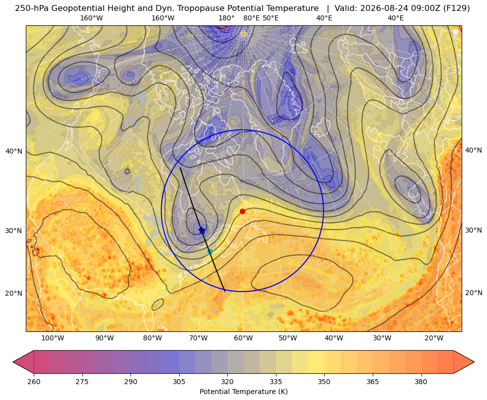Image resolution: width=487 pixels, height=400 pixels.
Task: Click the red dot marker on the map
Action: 243,211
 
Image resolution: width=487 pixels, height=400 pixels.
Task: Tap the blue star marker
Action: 202,230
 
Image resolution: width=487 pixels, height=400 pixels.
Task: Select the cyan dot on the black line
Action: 210,251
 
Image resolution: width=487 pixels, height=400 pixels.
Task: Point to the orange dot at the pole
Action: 243,34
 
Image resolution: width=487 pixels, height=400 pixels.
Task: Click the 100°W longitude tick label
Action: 53,338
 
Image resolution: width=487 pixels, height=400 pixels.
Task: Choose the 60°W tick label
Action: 243,338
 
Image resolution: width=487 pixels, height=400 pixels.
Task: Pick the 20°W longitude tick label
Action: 434,338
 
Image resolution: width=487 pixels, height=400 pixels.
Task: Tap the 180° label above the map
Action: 226,18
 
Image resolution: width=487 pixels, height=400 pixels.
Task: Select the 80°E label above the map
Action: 251,18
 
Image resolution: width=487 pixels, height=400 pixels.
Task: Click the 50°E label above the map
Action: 271,18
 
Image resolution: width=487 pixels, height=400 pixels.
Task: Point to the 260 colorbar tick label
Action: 34,382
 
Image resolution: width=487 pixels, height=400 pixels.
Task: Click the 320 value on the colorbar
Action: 227,382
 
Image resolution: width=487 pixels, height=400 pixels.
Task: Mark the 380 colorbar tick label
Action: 421,382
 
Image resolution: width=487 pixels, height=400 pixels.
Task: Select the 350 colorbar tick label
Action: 324,382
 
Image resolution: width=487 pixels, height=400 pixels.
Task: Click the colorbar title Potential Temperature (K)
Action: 243,392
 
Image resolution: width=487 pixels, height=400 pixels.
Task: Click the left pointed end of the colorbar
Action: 13,362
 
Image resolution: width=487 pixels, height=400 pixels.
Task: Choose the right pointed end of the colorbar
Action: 474,362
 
